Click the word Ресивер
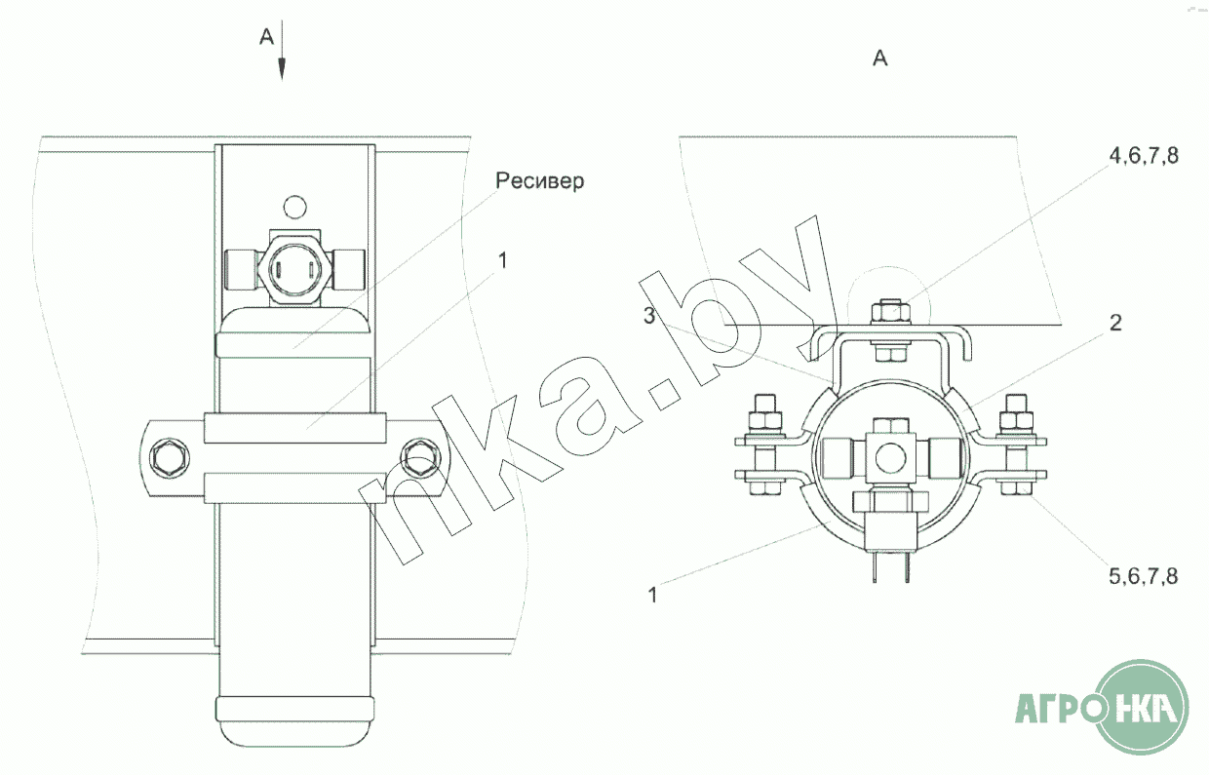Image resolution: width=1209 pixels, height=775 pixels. [540, 180]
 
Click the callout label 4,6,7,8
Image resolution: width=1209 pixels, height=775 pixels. [1144, 155]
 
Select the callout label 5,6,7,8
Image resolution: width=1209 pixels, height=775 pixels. [1143, 576]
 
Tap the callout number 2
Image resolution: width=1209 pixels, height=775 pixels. [1115, 323]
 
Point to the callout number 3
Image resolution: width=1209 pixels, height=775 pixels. [649, 315]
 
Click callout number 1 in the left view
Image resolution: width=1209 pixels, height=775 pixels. [502, 260]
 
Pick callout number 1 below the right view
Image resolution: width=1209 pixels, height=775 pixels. [652, 595]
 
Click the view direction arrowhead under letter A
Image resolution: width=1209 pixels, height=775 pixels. [281, 69]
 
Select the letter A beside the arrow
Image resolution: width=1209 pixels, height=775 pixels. [266, 37]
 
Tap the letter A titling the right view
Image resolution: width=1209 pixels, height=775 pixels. [879, 58]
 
